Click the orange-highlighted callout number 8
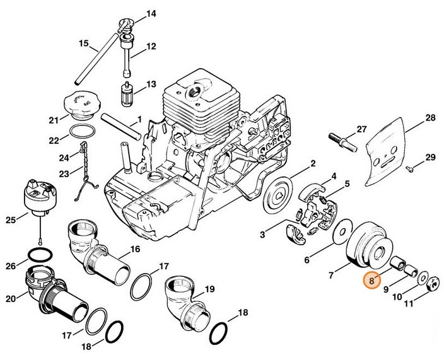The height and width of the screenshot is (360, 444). pos(373,278)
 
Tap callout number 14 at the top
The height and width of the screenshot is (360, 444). pos(150,13)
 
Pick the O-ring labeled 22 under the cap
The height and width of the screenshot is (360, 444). pos(81,132)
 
